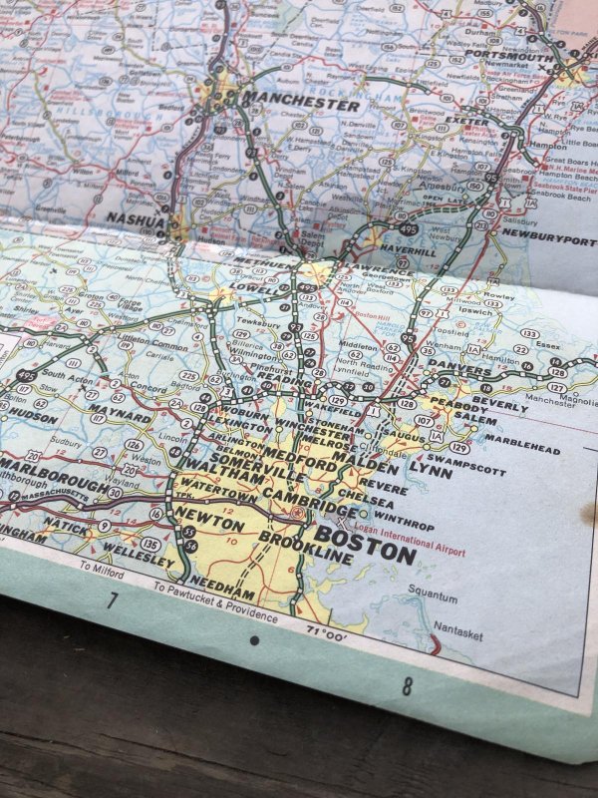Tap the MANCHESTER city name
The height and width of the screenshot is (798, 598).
click(x=287, y=103)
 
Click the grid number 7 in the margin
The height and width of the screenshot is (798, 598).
click(x=113, y=599)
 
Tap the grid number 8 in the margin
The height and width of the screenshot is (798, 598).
click(x=407, y=686)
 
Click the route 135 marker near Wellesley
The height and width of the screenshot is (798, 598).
click(x=149, y=544)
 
